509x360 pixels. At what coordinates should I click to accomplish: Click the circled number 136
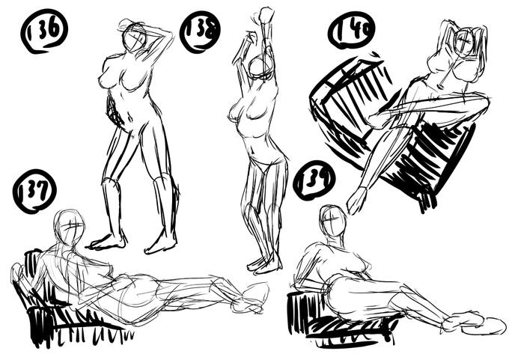coord(44,31)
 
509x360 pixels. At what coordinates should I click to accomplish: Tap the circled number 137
coord(34,192)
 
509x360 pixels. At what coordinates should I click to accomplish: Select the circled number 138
coord(200,31)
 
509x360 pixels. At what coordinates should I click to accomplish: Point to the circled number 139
coord(314,181)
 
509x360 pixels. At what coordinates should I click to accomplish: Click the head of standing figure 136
coord(134,37)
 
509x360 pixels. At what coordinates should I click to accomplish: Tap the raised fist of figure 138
coord(266,15)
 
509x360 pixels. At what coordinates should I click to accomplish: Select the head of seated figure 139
coord(332,222)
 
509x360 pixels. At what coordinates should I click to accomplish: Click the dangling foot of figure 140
coord(357,201)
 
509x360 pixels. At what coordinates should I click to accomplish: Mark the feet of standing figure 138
coord(264,263)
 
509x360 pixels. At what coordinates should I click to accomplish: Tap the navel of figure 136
coord(130,118)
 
